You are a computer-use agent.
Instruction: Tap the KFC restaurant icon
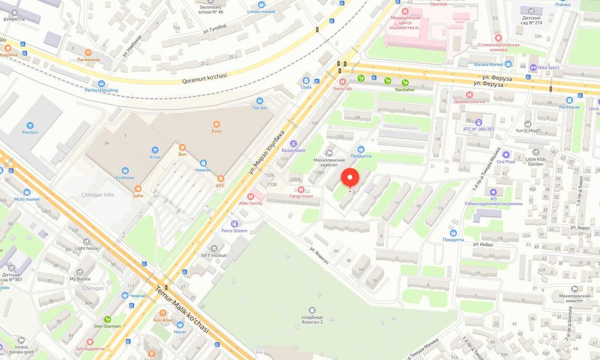(220, 178)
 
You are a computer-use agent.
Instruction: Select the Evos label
(217, 131)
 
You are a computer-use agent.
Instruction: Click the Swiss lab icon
(343, 81)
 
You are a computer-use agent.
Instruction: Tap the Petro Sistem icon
(242, 223)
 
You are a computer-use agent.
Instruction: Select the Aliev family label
(251, 203)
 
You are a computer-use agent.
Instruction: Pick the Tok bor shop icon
(260, 101)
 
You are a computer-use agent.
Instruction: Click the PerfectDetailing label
(101, 91)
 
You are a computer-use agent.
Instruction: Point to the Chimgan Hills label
(97, 195)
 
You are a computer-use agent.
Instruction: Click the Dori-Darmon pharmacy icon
(108, 319)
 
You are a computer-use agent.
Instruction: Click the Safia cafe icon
(138, 188)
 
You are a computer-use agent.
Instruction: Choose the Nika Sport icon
(532, 68)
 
